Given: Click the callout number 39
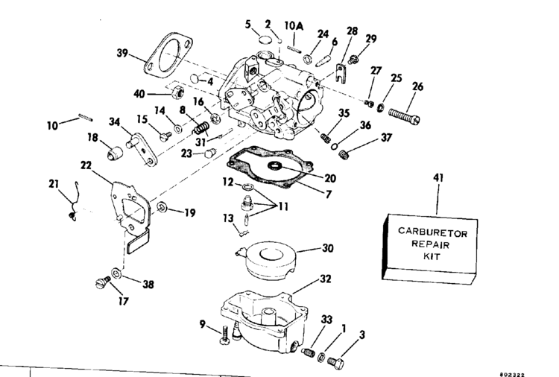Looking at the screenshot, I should pos(124,54).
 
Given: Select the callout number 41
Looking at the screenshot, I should pos(438,179).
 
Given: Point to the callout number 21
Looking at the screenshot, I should pos(53,184).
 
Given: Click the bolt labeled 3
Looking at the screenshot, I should pos(334,362).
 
